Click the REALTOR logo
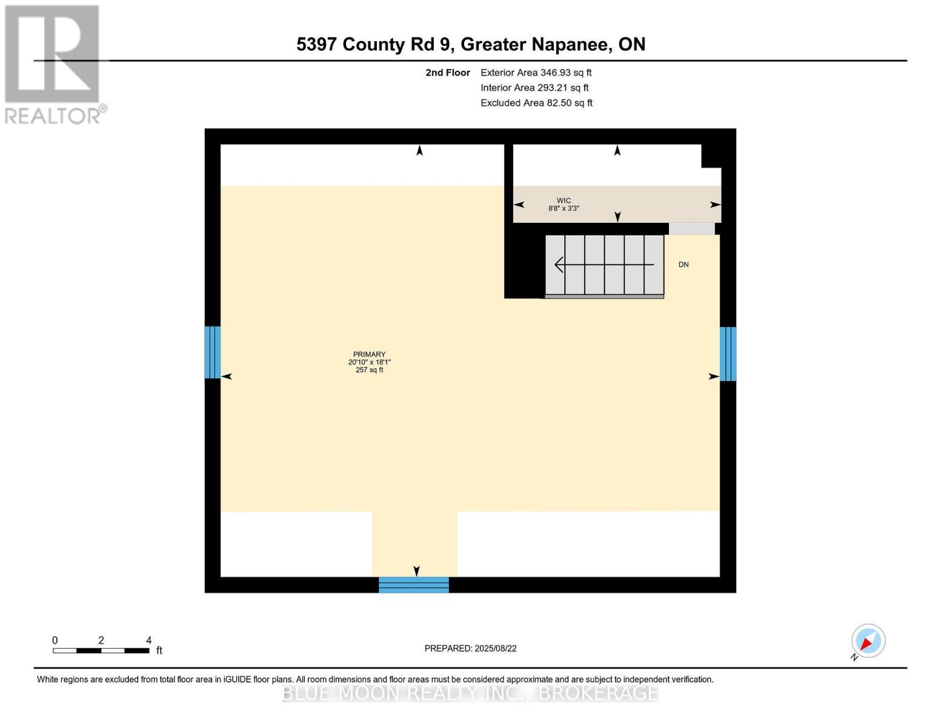tap(53, 64)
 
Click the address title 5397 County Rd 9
tap(470, 44)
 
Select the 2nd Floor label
tap(447, 73)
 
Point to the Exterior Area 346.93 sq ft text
tap(536, 73)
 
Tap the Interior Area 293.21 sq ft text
tap(534, 88)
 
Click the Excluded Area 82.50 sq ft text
tap(536, 103)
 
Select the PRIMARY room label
tap(369, 354)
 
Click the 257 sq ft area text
tap(369, 370)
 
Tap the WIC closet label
tap(564, 201)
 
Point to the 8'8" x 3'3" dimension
tap(564, 208)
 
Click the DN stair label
tap(683, 265)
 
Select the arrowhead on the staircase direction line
tap(559, 265)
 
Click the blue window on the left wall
tap(212, 352)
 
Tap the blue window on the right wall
tap(728, 354)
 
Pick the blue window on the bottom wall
tap(414, 585)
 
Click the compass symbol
tap(868, 641)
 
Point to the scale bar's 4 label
tap(148, 640)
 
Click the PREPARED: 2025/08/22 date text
tap(470, 648)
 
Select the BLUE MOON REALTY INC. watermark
tap(470, 693)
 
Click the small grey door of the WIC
tap(691, 228)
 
